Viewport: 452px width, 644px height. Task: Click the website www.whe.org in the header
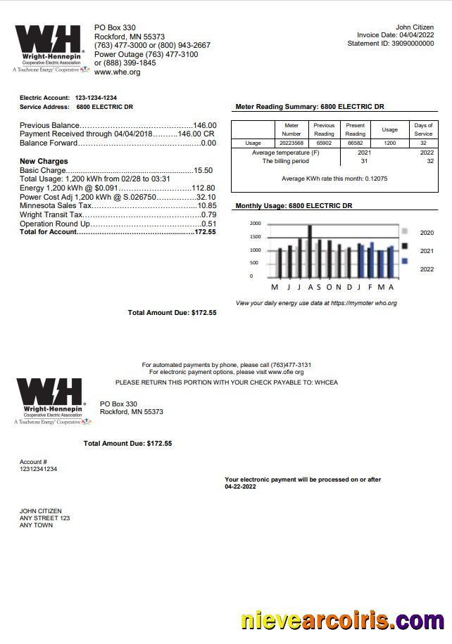[x=117, y=72]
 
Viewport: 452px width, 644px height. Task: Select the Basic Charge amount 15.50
[x=203, y=171]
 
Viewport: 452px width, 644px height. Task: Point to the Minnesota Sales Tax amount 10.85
[x=207, y=206]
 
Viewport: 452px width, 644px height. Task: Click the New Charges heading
[x=43, y=162]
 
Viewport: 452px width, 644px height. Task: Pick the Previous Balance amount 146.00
[x=205, y=126]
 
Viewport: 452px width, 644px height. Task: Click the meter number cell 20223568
[x=291, y=143]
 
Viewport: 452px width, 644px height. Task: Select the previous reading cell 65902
[x=324, y=143]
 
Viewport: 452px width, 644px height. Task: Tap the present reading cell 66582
[x=355, y=143]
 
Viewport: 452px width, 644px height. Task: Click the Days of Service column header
[x=423, y=129]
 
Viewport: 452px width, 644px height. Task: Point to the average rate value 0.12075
[x=375, y=179]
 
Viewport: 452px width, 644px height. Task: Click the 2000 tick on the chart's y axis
[x=255, y=223]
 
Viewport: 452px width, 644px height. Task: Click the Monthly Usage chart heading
[x=294, y=207]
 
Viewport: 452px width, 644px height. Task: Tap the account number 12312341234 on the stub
[x=39, y=469]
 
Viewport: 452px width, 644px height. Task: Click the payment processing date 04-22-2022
[x=241, y=487]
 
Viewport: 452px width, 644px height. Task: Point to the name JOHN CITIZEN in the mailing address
[x=41, y=511]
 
